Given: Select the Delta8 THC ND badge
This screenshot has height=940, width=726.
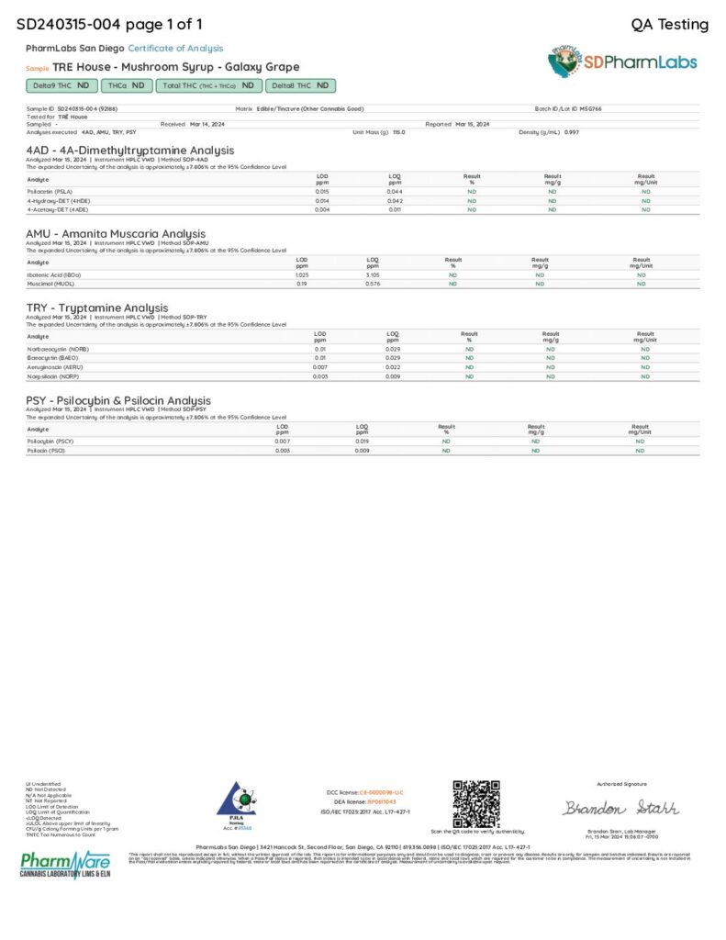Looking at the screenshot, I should point(300,85).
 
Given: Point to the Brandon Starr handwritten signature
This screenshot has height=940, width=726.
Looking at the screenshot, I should point(620,808).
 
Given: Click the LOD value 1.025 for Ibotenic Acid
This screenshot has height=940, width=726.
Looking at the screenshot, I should point(302,274).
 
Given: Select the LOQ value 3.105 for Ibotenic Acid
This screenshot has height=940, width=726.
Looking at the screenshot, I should point(373,274).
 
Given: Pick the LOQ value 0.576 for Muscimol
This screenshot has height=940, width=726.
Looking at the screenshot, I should point(373,284).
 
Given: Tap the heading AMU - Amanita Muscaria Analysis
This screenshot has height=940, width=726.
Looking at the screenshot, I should point(116,234).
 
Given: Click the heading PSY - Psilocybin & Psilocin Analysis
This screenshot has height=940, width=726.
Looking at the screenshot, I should point(118,401).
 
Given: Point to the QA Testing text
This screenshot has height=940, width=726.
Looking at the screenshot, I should point(670,24).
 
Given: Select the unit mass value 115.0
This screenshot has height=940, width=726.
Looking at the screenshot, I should point(398,132).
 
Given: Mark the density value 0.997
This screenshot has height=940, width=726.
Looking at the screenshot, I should point(572,132).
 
